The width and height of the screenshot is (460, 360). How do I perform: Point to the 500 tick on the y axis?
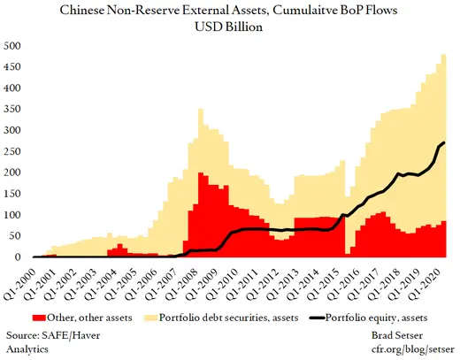[x=13, y=46]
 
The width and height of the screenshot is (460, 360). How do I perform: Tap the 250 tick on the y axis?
[x=13, y=151]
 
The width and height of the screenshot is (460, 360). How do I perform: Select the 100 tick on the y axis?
[x=13, y=215]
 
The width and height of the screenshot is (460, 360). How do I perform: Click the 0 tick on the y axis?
[x=19, y=257]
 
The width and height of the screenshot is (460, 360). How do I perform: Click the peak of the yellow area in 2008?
[x=201, y=110]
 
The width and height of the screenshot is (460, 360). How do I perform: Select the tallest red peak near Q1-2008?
[x=202, y=173]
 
